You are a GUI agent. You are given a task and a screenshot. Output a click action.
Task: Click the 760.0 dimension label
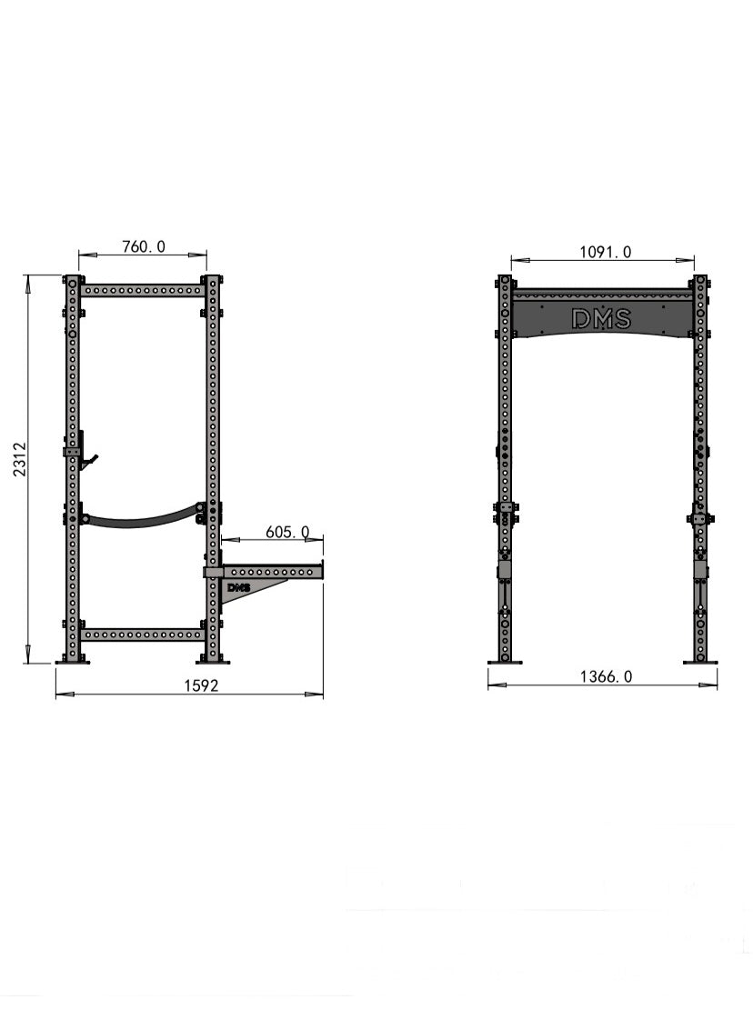(x=144, y=246)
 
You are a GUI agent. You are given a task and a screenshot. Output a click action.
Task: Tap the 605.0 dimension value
(x=287, y=532)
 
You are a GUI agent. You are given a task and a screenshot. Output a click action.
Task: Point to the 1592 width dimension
(x=201, y=685)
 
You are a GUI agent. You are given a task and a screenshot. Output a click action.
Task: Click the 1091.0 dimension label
(x=606, y=252)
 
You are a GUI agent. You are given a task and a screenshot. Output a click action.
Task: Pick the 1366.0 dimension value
(x=607, y=676)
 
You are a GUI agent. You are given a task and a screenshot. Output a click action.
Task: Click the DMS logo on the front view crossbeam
(x=601, y=318)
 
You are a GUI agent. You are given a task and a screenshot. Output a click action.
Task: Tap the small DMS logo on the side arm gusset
(x=238, y=587)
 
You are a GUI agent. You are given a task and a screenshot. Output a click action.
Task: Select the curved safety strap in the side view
(x=142, y=520)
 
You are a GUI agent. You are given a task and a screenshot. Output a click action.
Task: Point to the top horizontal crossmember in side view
(x=142, y=291)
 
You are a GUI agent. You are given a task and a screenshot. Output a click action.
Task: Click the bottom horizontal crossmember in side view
(x=142, y=634)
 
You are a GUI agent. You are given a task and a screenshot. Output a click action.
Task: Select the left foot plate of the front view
(x=505, y=662)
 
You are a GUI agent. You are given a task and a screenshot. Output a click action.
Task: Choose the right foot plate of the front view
(x=700, y=662)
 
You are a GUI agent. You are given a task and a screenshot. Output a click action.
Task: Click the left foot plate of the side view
(x=73, y=662)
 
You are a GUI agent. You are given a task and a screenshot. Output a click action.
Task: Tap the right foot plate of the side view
(x=212, y=662)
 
